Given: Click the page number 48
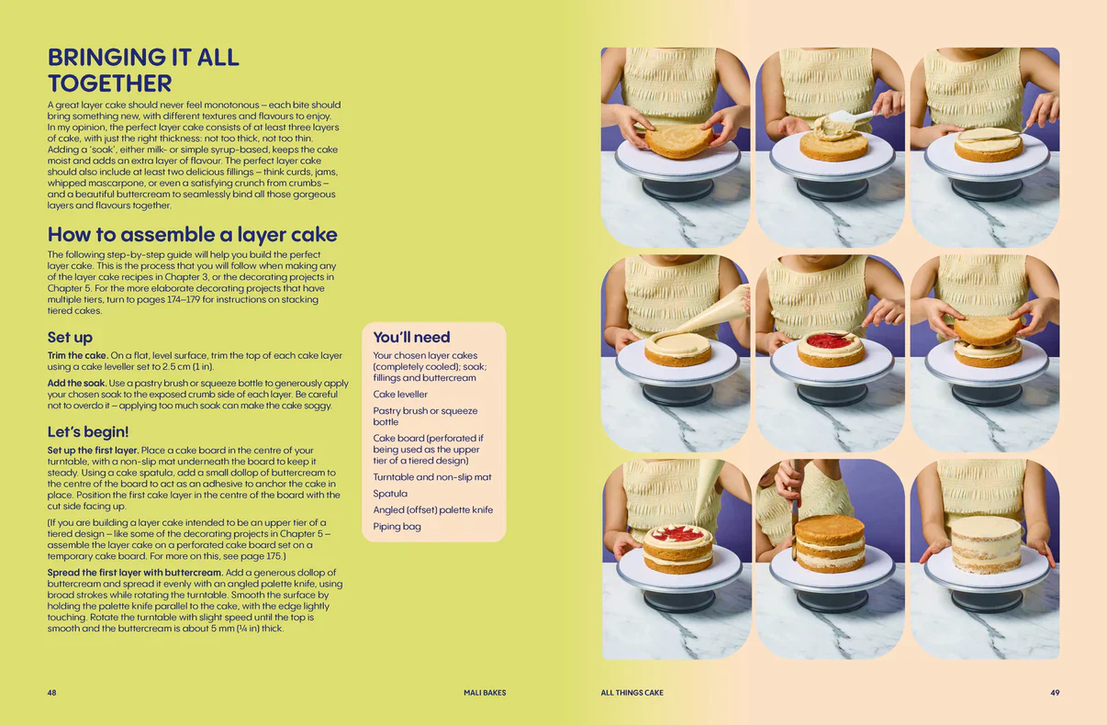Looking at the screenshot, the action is (52, 692).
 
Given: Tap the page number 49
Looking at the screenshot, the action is (1055, 692).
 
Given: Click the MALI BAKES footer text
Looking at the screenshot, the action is (485, 692).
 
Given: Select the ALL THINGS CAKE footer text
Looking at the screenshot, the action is (632, 692).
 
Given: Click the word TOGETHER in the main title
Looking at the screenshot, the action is (110, 83).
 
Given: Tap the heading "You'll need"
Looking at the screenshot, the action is (411, 337).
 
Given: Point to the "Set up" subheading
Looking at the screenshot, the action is (70, 338).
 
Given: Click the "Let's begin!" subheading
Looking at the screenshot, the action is (88, 431).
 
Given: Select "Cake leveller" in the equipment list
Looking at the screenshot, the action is (400, 394).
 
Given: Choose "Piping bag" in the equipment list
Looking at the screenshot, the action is (397, 527).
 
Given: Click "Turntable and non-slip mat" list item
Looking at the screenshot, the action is (432, 477).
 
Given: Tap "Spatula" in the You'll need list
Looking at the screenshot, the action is (390, 493).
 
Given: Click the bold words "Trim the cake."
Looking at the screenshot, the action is (78, 355).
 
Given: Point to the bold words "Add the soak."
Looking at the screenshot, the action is (76, 383).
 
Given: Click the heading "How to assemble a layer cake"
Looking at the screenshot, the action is (192, 234).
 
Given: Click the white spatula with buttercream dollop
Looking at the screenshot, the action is (849, 119).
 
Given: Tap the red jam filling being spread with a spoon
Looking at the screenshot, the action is (830, 340).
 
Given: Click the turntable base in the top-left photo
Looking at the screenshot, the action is (677, 189).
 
